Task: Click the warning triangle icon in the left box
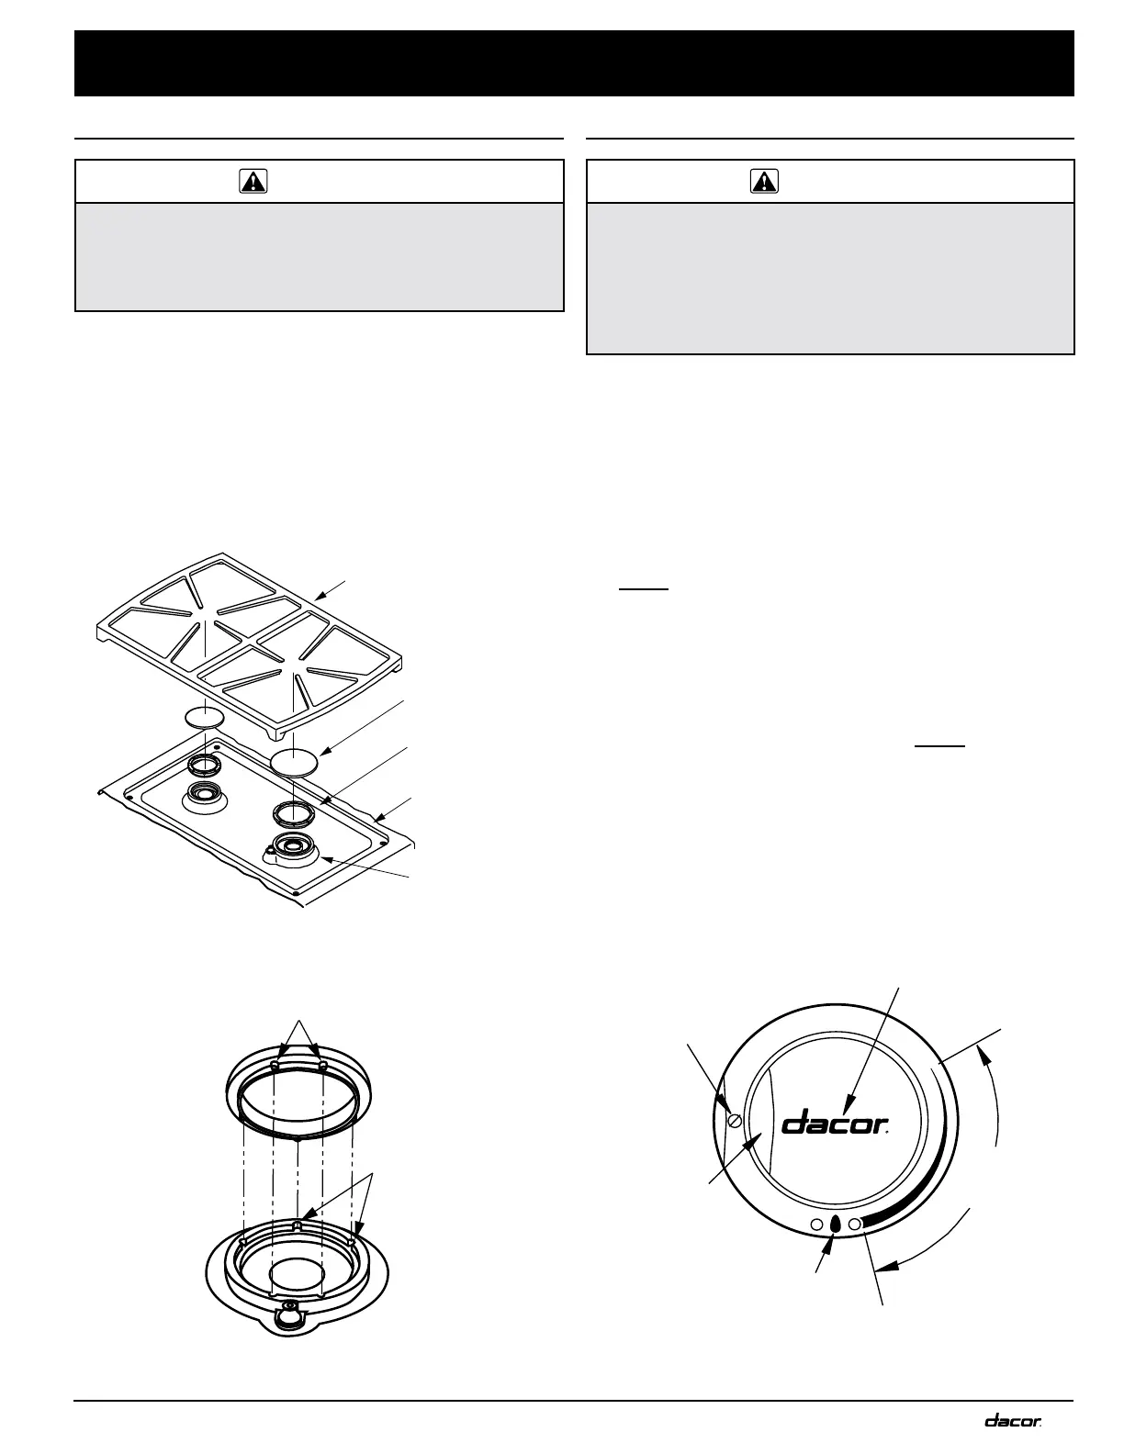(x=253, y=181)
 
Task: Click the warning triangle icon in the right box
(x=764, y=181)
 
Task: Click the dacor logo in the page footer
(x=1014, y=1421)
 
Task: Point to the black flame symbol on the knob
(x=835, y=1225)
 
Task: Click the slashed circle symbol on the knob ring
(x=735, y=1120)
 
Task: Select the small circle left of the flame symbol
(x=815, y=1225)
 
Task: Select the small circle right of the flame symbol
(x=854, y=1225)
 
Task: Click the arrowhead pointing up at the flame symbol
(x=830, y=1242)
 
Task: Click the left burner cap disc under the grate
(x=205, y=717)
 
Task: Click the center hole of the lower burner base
(x=297, y=1275)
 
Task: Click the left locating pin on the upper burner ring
(x=275, y=1066)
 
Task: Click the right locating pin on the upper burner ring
(x=323, y=1066)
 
